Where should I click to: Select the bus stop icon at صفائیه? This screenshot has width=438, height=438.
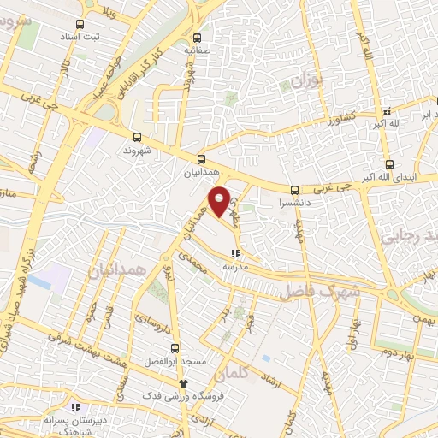198,38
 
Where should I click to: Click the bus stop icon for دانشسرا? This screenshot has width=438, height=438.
294,190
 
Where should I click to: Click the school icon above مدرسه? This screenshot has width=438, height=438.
235,253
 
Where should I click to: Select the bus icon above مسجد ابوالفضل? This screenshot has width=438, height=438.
175,349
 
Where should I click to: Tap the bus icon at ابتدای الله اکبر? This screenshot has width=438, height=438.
389,164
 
